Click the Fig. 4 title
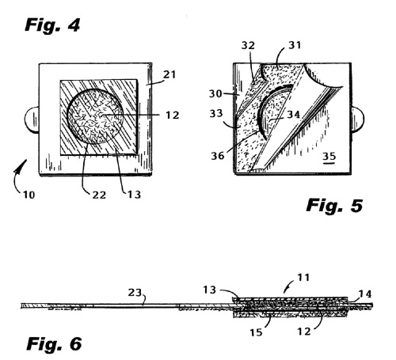pyautogui.click(x=52, y=25)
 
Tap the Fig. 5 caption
pyautogui.click(x=334, y=206)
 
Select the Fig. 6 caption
pyautogui.click(x=54, y=344)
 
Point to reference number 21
pyautogui.click(x=169, y=74)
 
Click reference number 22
pyautogui.click(x=99, y=195)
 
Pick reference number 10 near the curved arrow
pyautogui.click(x=29, y=195)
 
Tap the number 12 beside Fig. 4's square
pyautogui.click(x=173, y=116)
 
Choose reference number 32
pyautogui.click(x=248, y=46)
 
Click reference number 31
pyautogui.click(x=295, y=45)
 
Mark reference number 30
pyautogui.click(x=215, y=93)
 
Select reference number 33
pyautogui.click(x=216, y=113)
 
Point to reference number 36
pyautogui.click(x=218, y=156)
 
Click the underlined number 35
pyautogui.click(x=329, y=157)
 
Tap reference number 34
pyautogui.click(x=294, y=115)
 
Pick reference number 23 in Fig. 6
pyautogui.click(x=135, y=293)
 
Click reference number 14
pyautogui.click(x=365, y=294)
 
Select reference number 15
pyautogui.click(x=257, y=332)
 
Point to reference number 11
pyautogui.click(x=303, y=278)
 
